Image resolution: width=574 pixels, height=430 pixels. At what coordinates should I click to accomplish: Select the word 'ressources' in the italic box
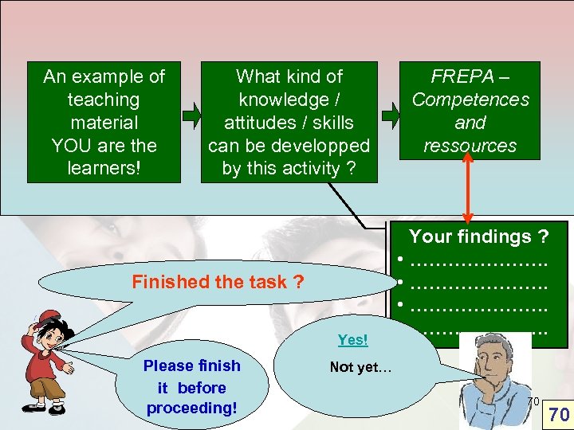coord(470,146)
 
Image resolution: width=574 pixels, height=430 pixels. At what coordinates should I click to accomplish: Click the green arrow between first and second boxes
coord(191,116)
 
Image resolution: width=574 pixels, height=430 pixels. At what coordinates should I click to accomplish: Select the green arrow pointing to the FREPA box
coord(391,116)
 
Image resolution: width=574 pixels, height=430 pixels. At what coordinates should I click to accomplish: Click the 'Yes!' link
coord(352,340)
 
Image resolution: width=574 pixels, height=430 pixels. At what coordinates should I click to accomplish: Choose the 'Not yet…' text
coord(360,367)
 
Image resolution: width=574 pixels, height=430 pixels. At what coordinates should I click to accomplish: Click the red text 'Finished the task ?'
coord(218,281)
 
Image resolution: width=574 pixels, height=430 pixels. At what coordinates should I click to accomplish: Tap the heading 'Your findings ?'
coord(478,236)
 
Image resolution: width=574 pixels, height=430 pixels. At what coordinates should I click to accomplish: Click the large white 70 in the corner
coord(559,414)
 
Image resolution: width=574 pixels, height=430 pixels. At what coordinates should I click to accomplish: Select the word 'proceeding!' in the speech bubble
coord(191,408)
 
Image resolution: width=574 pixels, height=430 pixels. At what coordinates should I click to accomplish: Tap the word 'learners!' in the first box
coord(103,169)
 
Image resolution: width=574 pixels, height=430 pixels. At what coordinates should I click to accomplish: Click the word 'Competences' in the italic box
coord(470,100)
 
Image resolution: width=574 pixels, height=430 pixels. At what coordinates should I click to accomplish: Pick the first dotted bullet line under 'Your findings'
coord(478,260)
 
